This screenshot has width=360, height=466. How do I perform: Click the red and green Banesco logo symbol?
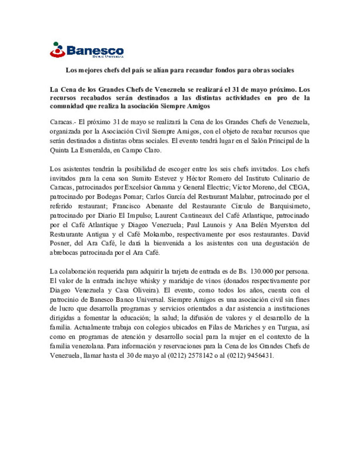(57, 50)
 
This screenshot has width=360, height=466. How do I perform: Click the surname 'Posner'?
(59, 243)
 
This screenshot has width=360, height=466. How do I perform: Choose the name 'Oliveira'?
(144, 290)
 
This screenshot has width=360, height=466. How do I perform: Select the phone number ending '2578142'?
(200, 356)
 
